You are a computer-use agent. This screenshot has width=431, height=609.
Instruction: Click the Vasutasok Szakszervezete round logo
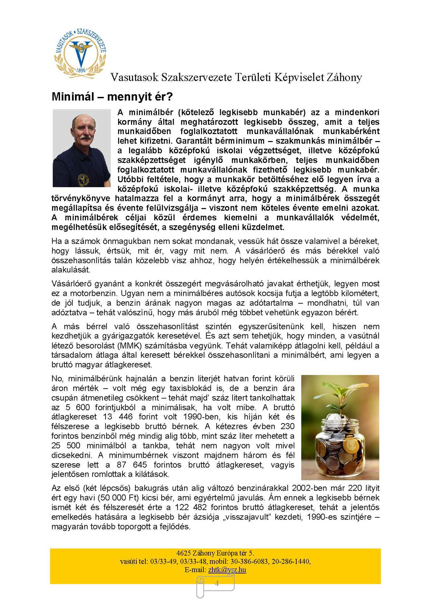[x=80, y=53]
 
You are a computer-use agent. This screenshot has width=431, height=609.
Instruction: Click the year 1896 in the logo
[x=81, y=70]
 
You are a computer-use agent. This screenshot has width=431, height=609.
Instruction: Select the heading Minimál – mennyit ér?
[x=112, y=97]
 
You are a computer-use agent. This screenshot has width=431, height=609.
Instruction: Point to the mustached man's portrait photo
[x=82, y=148]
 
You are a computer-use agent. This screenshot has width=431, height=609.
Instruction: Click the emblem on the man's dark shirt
[x=84, y=179]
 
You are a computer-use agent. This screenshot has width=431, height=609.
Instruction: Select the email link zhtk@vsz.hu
[x=227, y=570]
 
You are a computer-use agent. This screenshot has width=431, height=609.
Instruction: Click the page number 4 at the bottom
[x=217, y=583]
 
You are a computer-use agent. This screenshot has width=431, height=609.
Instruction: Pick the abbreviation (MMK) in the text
[x=128, y=346]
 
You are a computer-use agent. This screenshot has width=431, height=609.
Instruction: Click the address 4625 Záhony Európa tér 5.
[x=215, y=553]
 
